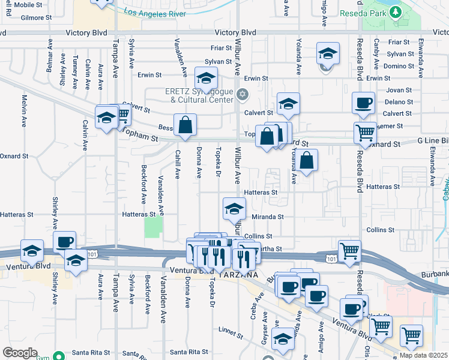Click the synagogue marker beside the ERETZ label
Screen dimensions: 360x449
click(x=243, y=94)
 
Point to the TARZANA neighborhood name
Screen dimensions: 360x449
click(x=239, y=274)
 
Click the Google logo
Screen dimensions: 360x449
click(x=20, y=353)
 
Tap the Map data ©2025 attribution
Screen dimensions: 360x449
click(x=423, y=355)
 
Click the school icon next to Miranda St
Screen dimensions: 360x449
click(x=234, y=209)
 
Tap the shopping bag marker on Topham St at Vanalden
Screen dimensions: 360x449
click(x=185, y=125)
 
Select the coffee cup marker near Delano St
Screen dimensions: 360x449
click(x=364, y=104)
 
